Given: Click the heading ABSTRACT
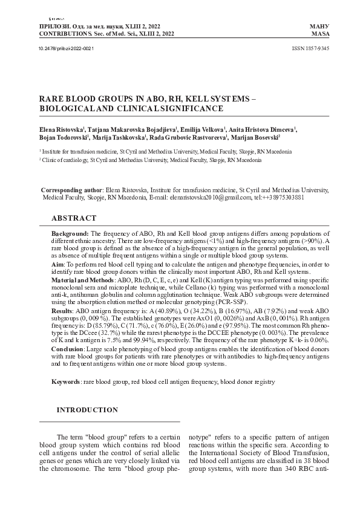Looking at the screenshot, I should click(x=73, y=218).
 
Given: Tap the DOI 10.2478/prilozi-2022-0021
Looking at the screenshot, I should click(x=62, y=48).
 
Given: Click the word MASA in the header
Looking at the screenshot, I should click(x=319, y=35).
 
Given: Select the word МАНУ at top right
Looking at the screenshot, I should click(x=319, y=28).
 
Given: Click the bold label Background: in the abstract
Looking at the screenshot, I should click(x=70, y=233).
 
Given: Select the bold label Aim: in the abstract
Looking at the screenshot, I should click(x=58, y=264).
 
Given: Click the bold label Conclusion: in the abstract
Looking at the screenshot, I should click(x=68, y=351).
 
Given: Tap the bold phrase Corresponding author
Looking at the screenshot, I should click(x=71, y=190).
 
